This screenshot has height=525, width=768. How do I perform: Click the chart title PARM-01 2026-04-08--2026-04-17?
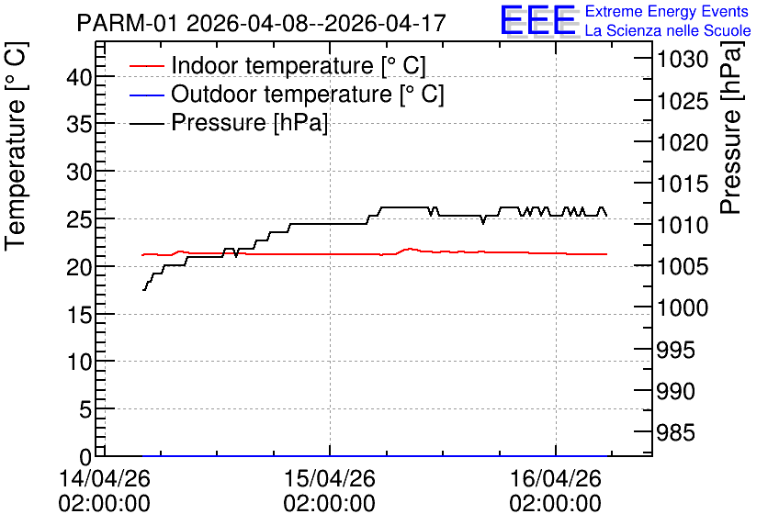[262, 23]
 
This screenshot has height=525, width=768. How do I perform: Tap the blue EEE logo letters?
[537, 20]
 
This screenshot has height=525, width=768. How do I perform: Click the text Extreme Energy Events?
[667, 11]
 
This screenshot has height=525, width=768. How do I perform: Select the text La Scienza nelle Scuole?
[668, 31]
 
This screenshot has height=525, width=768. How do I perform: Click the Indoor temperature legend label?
[299, 65]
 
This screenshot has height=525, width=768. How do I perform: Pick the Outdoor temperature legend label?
[308, 94]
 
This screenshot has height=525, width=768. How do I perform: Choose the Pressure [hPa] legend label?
[249, 122]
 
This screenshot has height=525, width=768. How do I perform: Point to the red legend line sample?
[147, 66]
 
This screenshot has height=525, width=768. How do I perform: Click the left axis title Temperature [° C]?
[16, 147]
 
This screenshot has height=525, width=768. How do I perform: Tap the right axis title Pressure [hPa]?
[730, 128]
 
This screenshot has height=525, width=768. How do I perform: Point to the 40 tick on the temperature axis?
[80, 77]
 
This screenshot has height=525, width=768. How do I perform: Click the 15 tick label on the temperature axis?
[80, 315]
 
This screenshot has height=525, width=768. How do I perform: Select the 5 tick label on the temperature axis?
[85, 409]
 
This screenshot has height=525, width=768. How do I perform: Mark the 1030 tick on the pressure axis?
[683, 60]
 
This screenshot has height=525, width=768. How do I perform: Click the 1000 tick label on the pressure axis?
[683, 308]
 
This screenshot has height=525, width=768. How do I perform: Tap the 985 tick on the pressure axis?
[675, 432]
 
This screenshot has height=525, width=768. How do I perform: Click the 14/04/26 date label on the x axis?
[105, 478]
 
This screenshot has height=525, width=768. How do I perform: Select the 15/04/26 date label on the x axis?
[330, 478]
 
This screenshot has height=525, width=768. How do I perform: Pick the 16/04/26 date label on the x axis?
[556, 478]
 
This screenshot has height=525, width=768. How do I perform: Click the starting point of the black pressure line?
[143, 290]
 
